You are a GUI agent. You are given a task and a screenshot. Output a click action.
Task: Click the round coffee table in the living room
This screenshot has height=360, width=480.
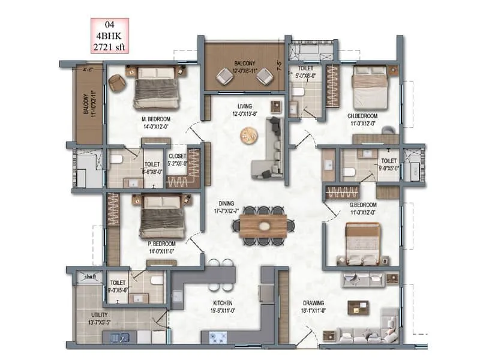(x=248, y=136)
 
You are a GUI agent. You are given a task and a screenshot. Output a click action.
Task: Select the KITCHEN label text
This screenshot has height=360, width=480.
(x=221, y=303)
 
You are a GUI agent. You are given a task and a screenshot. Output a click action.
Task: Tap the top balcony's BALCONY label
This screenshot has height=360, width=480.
(x=244, y=64)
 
